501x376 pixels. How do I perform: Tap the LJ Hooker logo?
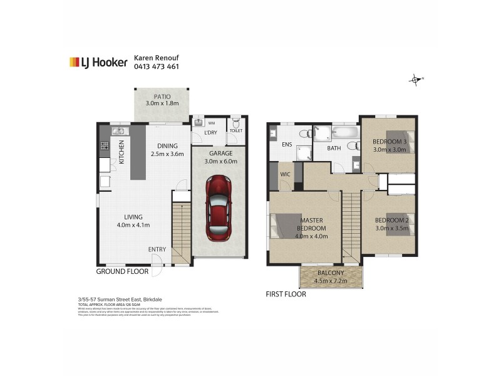point(98,62)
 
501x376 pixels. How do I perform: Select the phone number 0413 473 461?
point(157,66)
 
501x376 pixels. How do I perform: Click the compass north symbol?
point(415,79)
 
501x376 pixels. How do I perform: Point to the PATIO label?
point(162,97)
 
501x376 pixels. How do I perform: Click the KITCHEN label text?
point(121,152)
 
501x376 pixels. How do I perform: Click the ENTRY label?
point(157,249)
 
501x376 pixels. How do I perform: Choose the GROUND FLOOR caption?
point(122,272)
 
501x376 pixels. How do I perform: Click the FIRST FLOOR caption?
point(286,293)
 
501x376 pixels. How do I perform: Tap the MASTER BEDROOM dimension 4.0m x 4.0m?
point(311,236)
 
